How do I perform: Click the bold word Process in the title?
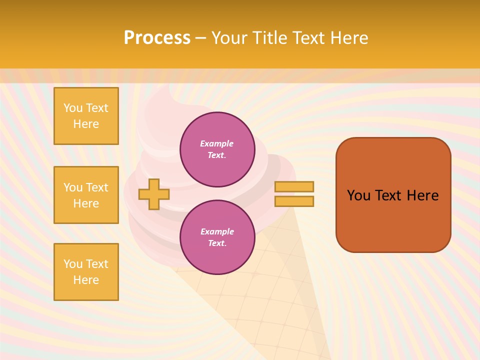pos(157,38)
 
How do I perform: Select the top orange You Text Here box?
pos(86,116)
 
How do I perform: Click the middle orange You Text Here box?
pos(86,195)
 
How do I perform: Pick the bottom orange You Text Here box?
pos(86,272)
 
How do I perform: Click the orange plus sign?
pos(154,194)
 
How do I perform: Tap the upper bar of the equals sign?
pos(294,186)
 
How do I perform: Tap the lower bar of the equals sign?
pos(294,201)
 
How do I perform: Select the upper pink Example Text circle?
pos(217,149)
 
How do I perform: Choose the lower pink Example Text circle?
pos(217,237)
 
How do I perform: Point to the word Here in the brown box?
pos(422,195)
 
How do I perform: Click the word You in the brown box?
pos(358,195)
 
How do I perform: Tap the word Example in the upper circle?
pos(216,143)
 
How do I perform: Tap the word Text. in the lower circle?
pos(217,243)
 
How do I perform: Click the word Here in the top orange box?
pos(86,124)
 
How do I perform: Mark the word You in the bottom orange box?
pos(72,264)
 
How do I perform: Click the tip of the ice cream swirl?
pos(165,90)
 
